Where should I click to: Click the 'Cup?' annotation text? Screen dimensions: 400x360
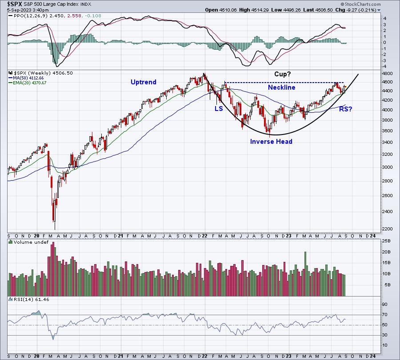pos(282,74)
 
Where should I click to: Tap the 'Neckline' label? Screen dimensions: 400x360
pos(282,87)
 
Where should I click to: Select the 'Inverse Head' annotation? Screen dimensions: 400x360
pos(271,142)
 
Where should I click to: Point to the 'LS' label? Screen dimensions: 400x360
pos(219,109)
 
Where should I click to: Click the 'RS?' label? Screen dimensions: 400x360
pos(346,109)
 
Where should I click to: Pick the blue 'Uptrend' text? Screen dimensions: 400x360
pos(144,82)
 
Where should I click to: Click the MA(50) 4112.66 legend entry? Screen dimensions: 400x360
pos(26,78)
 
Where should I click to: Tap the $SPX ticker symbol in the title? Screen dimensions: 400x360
pos(15,4)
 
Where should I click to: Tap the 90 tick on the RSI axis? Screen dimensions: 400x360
pos(384,305)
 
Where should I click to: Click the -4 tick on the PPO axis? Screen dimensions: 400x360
pos(384,67)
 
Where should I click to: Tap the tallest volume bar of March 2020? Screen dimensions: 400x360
pos(53,269)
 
